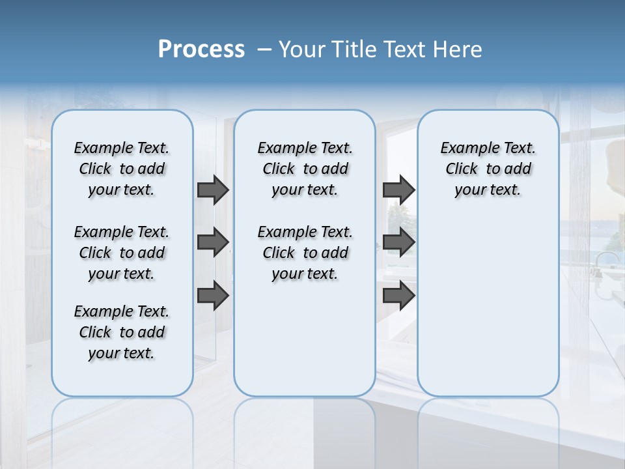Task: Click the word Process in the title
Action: point(201,50)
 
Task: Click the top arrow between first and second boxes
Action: point(213,190)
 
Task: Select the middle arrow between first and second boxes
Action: point(213,242)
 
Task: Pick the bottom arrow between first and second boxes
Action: point(213,296)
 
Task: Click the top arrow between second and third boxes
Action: point(398,190)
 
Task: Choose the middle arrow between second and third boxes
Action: point(398,242)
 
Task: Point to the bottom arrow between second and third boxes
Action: point(398,296)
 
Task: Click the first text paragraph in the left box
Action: point(122,169)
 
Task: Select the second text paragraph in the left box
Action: point(122,253)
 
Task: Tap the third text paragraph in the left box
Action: point(122,332)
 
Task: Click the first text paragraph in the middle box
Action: point(305,169)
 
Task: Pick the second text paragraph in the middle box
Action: point(305,253)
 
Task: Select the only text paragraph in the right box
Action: point(488,169)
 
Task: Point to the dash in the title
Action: point(264,50)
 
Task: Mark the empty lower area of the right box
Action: point(488,306)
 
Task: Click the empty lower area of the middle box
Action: point(305,339)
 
